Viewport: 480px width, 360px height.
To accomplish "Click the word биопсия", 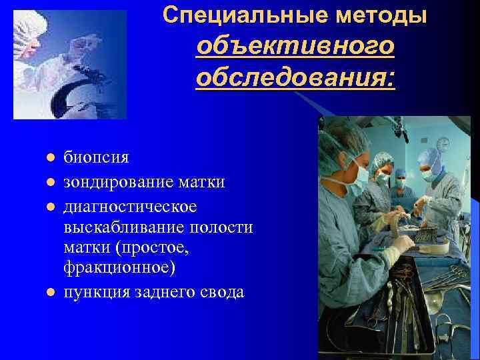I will click(96, 158).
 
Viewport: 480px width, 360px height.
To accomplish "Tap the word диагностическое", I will click(130, 205).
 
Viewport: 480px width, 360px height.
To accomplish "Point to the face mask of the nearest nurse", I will click(360, 175).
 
